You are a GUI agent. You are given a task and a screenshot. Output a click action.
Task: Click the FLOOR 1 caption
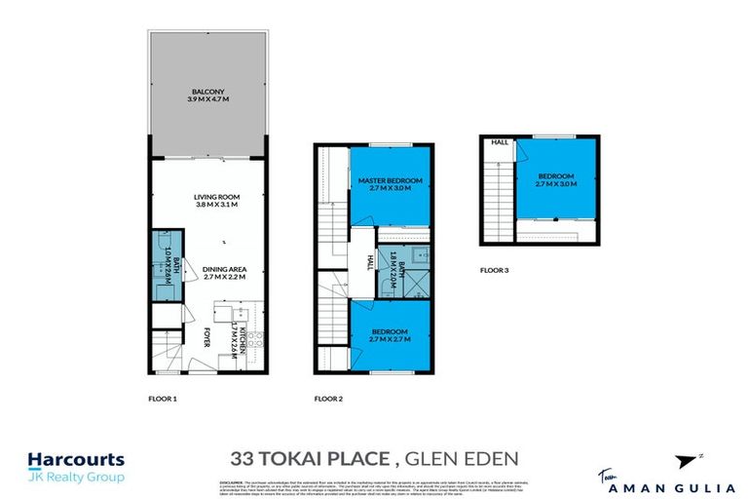(162, 398)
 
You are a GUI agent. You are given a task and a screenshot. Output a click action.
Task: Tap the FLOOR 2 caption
(329, 398)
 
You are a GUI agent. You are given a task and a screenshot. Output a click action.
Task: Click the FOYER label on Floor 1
(206, 339)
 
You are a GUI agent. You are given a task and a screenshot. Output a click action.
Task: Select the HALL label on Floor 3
(500, 142)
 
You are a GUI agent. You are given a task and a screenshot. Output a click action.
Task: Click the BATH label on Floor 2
(394, 262)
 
